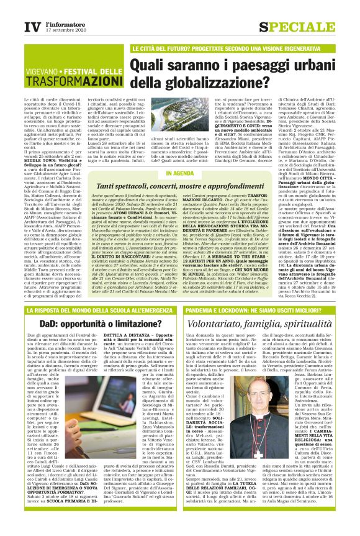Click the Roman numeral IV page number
32,27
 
